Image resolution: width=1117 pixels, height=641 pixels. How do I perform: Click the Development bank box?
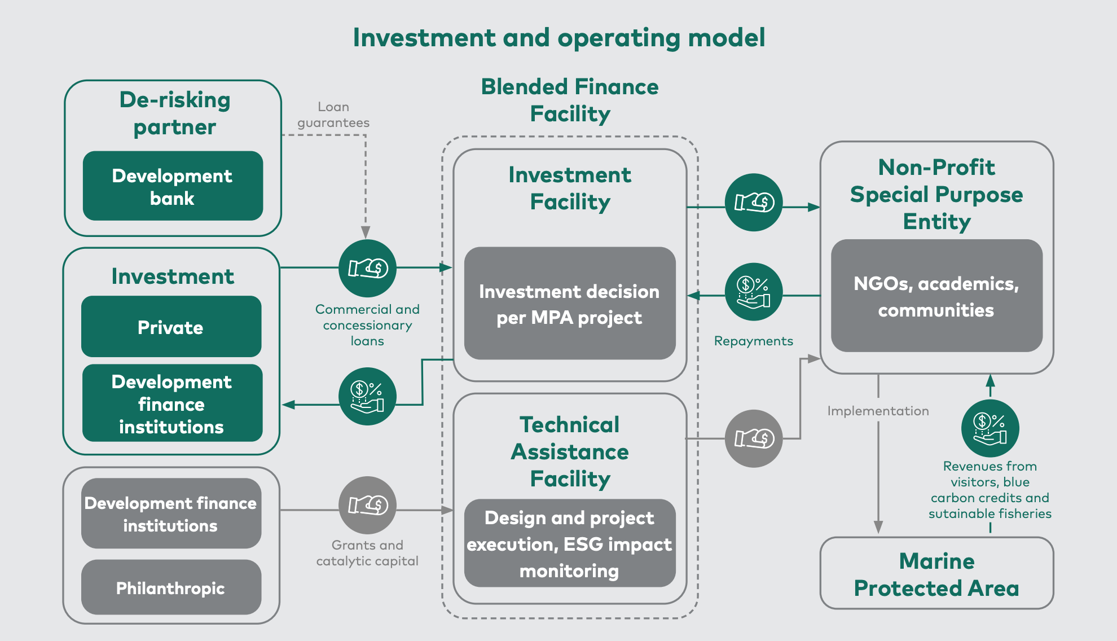pos(173,186)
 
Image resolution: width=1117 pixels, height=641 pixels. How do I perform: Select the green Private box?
pos(171,327)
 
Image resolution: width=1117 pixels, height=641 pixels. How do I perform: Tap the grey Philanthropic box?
pos(171,587)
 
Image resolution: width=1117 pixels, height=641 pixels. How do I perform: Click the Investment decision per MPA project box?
pos(570,303)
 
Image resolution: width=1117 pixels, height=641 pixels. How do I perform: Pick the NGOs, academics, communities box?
pos(936,296)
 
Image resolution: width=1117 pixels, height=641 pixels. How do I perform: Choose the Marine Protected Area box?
pos(936,573)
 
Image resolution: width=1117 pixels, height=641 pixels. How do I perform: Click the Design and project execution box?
pos(570,543)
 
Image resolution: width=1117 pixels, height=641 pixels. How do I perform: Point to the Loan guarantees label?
pos(333,115)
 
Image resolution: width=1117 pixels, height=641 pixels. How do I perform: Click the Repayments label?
pos(754,341)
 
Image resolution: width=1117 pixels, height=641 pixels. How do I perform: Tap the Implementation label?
pos(878,411)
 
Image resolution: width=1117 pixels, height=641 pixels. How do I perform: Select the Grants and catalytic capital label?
pos(367,553)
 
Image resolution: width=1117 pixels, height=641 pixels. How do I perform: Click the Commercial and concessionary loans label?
pos(367,325)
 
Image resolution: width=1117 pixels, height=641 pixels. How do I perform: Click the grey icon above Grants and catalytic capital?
pos(368,505)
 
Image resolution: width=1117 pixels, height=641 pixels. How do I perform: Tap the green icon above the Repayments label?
pos(754,292)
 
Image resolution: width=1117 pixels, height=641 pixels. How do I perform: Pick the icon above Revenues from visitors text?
pos(990,428)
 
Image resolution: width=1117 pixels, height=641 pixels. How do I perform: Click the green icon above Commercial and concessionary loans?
pos(368,268)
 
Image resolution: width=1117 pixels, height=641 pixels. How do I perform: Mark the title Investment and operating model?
pos(558,38)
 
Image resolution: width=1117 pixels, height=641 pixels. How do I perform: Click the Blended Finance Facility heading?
pos(570,100)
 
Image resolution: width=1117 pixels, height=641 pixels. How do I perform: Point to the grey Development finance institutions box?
pos(171,513)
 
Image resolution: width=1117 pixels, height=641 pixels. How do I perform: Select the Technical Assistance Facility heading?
pos(570,451)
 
